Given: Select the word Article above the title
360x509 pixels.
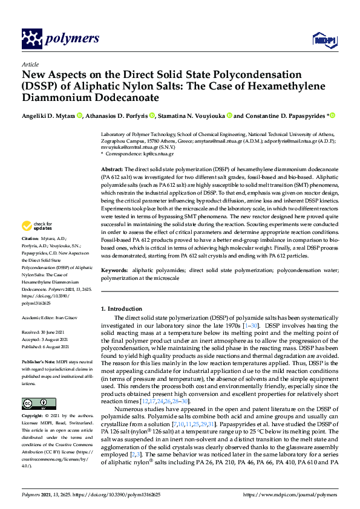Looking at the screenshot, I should [30, 63].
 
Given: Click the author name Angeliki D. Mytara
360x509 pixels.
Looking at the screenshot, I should [49, 115].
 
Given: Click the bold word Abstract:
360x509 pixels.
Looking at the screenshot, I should [112, 169].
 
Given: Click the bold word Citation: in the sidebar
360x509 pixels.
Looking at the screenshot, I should [31, 255].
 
